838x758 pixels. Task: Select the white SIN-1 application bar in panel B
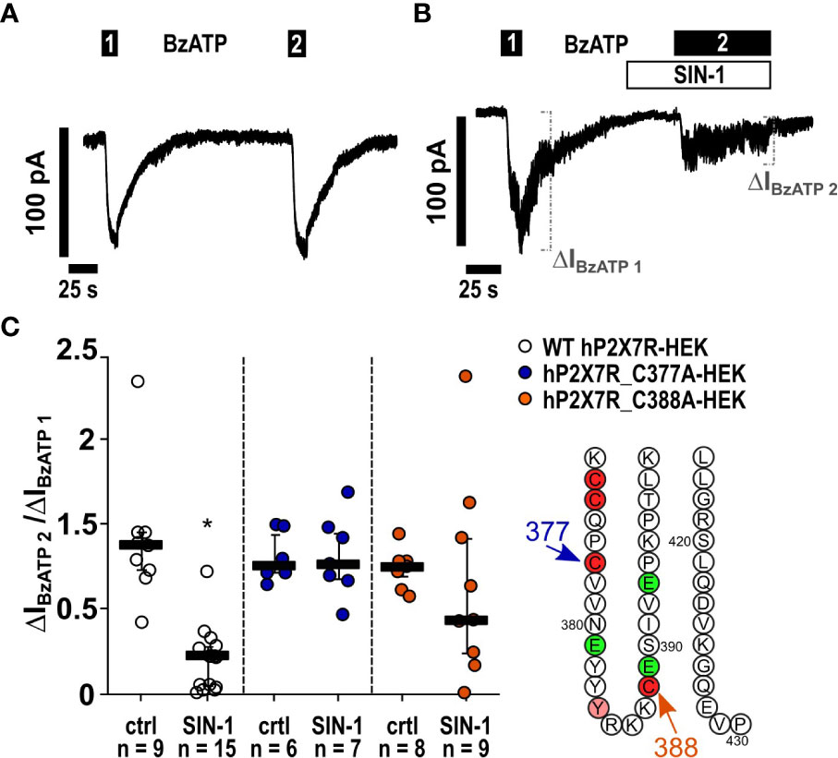pos(698,75)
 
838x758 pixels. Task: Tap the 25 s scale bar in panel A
pos(83,268)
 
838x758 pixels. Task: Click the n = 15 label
pos(207,743)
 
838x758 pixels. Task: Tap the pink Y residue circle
pos(595,706)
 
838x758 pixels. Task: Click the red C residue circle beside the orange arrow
pos(650,686)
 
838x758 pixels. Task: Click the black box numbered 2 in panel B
pos(722,43)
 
